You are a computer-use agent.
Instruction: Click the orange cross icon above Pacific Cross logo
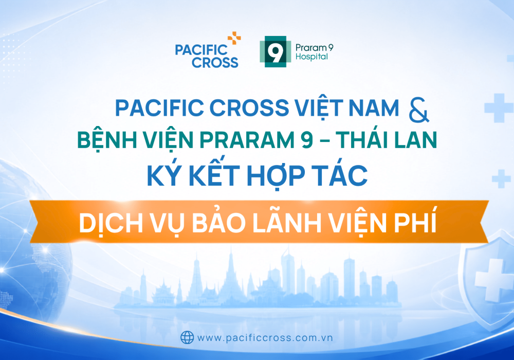(x=234, y=38)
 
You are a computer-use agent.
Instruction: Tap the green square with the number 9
(x=276, y=52)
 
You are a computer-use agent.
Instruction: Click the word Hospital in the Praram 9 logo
(x=311, y=57)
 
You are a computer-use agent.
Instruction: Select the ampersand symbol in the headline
(x=418, y=110)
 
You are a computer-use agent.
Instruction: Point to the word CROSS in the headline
(x=249, y=108)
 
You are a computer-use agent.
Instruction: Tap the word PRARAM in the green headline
(x=247, y=140)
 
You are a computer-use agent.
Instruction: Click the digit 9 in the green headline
(x=306, y=140)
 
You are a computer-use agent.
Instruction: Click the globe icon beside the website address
(x=187, y=337)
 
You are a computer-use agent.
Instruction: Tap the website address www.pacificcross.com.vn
(x=265, y=338)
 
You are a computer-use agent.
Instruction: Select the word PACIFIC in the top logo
(x=201, y=50)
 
